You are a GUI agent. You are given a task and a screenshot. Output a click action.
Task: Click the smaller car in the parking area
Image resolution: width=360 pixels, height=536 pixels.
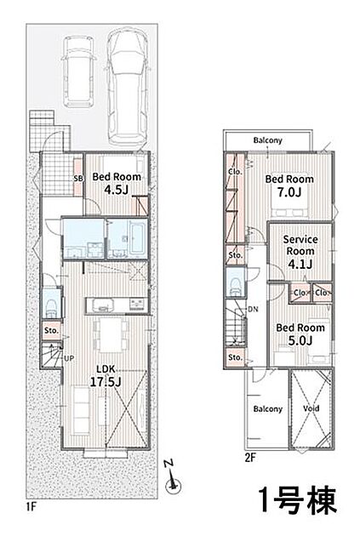tap(79, 71)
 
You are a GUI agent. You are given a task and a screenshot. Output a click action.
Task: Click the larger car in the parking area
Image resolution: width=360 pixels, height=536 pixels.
tap(127, 87)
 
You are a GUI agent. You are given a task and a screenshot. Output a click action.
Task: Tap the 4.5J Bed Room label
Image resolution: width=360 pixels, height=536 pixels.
tap(117, 184)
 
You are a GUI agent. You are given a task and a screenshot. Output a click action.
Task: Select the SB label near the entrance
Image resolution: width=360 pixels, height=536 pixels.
tap(78, 179)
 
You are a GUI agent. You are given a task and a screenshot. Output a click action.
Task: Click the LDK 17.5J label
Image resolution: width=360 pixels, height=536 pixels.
tap(106, 376)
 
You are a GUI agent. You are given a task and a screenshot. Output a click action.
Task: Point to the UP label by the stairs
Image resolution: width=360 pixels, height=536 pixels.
tap(69, 358)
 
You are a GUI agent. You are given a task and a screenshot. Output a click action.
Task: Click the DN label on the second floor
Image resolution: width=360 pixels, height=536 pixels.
tap(253, 310)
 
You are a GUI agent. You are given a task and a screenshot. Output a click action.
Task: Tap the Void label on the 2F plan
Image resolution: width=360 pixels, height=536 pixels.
tap(311, 408)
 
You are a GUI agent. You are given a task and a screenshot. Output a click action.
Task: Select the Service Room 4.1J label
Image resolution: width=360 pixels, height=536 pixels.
tap(300, 252)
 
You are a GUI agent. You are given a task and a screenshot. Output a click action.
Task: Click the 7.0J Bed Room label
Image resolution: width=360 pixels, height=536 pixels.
tap(289, 186)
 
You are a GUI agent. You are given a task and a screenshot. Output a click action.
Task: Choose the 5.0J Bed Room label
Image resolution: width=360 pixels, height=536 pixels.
tap(300, 334)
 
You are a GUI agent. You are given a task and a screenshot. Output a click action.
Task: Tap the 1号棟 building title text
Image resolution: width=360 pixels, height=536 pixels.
tap(297, 499)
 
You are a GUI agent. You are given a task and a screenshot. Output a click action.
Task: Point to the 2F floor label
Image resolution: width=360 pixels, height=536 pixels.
tap(250, 458)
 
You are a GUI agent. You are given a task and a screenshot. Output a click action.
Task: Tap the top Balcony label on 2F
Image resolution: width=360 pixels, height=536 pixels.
tap(268, 140)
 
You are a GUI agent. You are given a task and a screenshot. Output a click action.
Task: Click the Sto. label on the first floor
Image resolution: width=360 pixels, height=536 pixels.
tap(52, 331)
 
